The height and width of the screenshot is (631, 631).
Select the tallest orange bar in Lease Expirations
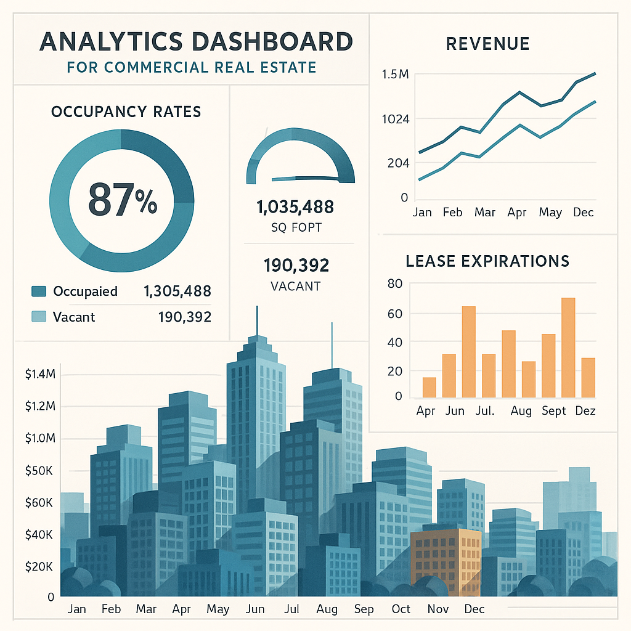tap(568, 347)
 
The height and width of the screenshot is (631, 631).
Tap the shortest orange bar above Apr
tap(429, 387)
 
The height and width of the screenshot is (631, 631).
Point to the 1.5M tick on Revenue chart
tap(395, 75)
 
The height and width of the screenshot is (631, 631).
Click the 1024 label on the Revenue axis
tap(395, 119)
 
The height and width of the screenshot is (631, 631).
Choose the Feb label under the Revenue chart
tap(452, 212)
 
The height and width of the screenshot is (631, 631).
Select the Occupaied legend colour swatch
tap(38, 291)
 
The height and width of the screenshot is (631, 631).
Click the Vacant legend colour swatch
tap(38, 317)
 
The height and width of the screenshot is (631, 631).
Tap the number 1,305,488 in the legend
tap(177, 291)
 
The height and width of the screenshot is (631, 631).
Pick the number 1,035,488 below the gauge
tap(295, 207)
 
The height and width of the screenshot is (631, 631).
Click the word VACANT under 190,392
tap(295, 287)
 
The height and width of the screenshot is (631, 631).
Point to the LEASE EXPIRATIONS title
tap(487, 261)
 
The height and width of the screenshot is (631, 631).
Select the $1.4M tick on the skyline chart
tap(40, 374)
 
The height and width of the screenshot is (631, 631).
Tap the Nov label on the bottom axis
tap(438, 609)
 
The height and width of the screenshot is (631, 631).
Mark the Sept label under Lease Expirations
tap(553, 411)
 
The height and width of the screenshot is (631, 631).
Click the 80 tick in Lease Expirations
tap(395, 284)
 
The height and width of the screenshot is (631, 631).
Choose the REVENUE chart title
tap(487, 43)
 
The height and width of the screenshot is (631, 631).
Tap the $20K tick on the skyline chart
tap(40, 566)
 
